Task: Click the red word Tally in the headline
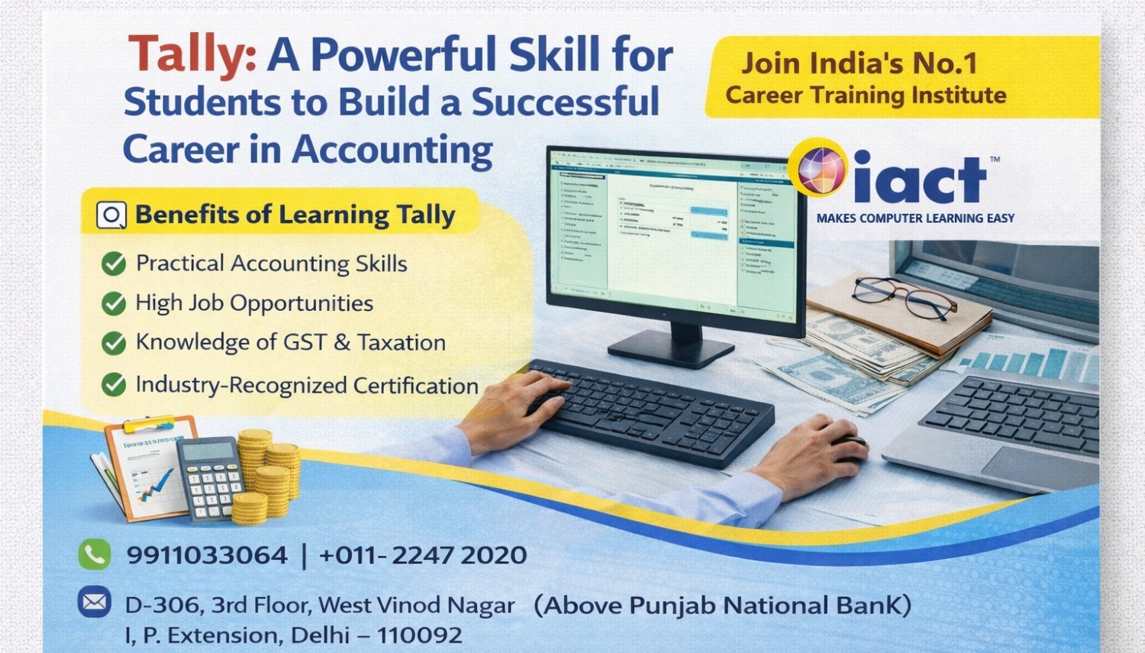click(191, 55)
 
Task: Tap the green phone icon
click(95, 554)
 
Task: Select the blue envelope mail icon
click(95, 603)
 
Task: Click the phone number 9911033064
click(207, 555)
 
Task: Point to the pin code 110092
click(419, 635)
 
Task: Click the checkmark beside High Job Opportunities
click(114, 303)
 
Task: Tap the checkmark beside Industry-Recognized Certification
click(114, 384)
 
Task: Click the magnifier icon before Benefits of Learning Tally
click(111, 215)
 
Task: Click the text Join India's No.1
click(859, 63)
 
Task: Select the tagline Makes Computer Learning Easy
click(915, 218)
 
